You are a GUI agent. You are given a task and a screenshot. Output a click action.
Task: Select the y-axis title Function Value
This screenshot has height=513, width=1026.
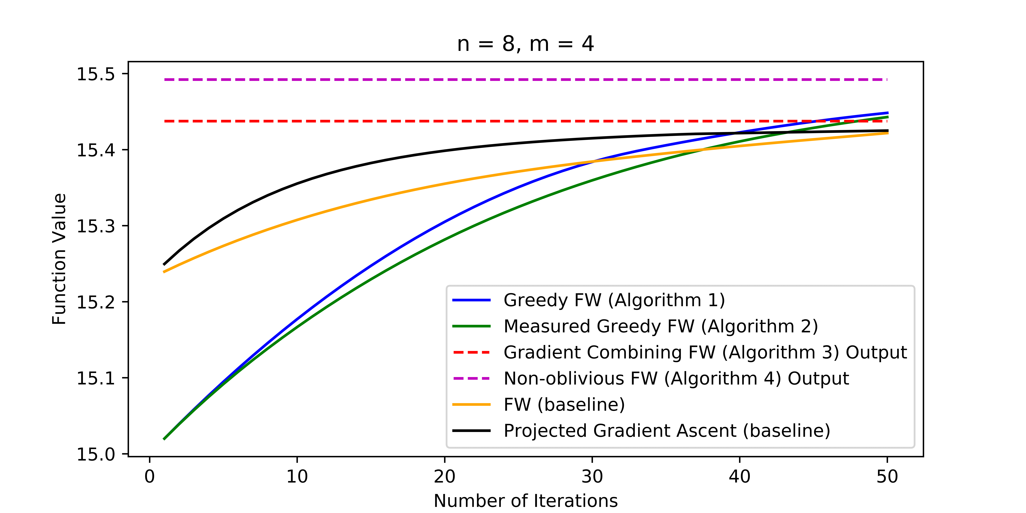59,259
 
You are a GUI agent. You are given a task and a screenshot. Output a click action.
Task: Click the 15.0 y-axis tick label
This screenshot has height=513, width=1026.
96,454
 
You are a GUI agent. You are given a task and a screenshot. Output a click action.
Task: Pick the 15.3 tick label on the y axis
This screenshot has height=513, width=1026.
96,226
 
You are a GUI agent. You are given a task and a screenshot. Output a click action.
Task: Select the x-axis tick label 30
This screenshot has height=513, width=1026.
592,476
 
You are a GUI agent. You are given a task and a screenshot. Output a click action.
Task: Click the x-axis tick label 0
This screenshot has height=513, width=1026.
150,476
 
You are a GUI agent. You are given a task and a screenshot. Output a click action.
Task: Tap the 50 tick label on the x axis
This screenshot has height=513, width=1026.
887,476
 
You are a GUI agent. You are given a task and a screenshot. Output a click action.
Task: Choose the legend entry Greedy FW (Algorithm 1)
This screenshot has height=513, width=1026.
614,300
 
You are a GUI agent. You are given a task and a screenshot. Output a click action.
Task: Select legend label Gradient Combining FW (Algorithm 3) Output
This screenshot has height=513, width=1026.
705,352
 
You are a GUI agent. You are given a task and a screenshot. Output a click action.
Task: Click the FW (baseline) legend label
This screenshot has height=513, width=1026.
564,405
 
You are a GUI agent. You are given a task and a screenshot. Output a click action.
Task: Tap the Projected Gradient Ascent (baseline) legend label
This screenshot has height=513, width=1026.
667,431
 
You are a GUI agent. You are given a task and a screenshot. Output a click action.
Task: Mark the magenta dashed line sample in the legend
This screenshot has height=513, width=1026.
472,378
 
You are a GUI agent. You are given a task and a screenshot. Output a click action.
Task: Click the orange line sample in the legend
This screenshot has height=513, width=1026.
472,405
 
